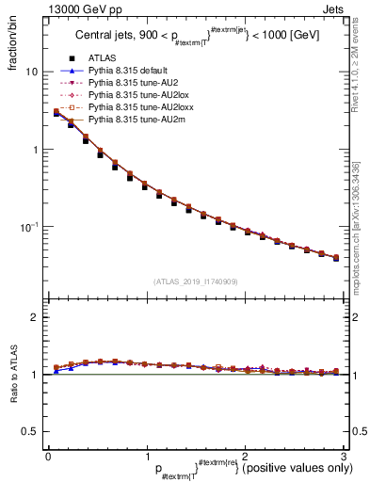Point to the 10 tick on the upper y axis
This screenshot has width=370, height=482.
pyautogui.click(x=30, y=72)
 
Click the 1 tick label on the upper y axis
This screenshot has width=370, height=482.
pyautogui.click(x=34, y=150)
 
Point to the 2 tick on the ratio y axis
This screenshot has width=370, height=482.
pyautogui.click(x=34, y=318)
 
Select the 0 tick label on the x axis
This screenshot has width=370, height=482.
pyautogui.click(x=48, y=456)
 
